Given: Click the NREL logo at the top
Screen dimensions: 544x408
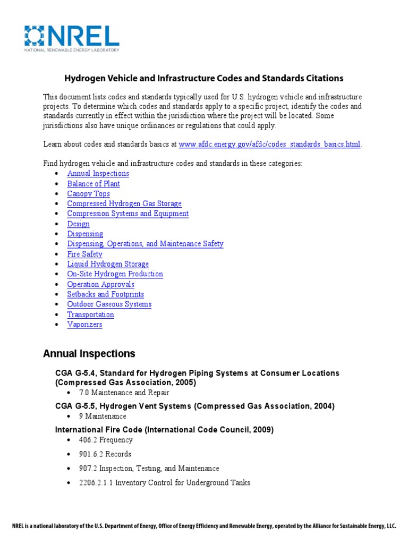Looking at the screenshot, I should click(x=72, y=38).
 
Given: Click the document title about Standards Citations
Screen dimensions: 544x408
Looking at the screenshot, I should click(x=204, y=78).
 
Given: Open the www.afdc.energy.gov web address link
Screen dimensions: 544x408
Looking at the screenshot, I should click(x=270, y=144).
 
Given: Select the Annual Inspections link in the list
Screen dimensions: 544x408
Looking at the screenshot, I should click(x=98, y=173).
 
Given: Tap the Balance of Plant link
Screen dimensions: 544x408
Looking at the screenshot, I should click(x=93, y=183).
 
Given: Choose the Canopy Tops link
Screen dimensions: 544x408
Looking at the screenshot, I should click(x=88, y=193).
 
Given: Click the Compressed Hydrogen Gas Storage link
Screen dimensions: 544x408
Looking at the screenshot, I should click(x=124, y=203).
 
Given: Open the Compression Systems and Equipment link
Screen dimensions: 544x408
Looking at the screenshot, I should click(x=127, y=214).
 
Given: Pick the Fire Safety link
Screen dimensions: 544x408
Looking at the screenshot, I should click(x=84, y=254).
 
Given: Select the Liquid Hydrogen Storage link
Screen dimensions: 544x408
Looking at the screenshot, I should click(x=108, y=264).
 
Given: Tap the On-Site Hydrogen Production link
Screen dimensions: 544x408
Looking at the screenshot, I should click(x=115, y=274).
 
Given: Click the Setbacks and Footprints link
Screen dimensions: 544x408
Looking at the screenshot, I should click(x=105, y=294).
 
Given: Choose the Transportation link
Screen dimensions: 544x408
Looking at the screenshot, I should click(x=90, y=314).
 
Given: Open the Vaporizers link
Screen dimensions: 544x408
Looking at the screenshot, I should click(x=84, y=325).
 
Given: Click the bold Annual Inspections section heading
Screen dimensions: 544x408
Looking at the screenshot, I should click(x=89, y=354).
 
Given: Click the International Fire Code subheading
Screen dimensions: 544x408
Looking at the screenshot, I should click(x=164, y=429).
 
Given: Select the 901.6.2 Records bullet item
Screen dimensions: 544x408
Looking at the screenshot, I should click(x=105, y=454).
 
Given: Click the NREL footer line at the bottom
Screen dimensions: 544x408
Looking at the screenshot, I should click(x=204, y=526).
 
